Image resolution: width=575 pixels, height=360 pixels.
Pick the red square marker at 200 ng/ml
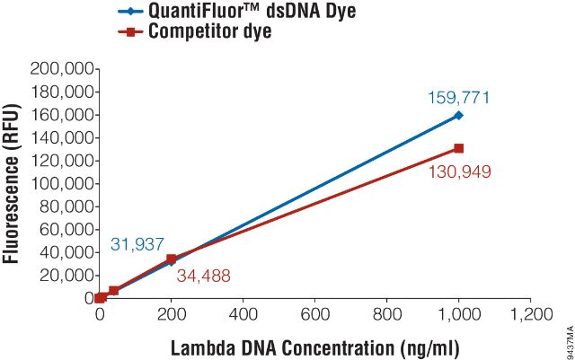(x=172, y=259)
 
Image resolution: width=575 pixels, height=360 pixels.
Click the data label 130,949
(x=460, y=171)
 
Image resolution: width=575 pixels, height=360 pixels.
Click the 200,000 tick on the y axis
(x=62, y=69)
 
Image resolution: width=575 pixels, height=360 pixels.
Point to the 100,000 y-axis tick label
(x=62, y=183)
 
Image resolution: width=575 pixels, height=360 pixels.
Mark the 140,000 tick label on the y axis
(x=62, y=137)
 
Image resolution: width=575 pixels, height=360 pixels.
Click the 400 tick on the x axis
(x=243, y=315)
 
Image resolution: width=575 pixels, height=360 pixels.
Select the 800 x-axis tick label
(x=387, y=315)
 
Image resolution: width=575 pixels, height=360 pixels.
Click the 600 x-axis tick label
(x=315, y=315)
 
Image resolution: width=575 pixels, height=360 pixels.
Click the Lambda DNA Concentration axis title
(x=314, y=345)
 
